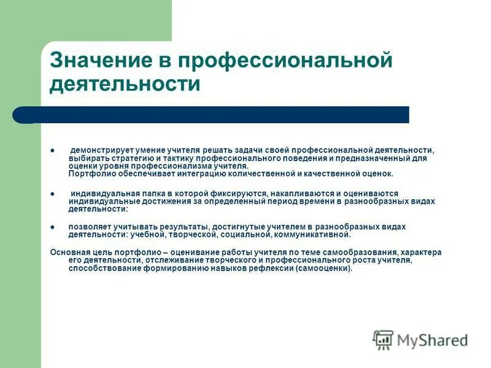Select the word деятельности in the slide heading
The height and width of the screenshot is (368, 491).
pos(125,83)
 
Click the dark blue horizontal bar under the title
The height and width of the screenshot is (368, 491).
pos(221,115)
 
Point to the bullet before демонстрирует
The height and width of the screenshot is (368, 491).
pos(53,150)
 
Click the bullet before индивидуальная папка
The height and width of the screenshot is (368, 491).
pos(53,193)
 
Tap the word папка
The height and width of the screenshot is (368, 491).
pos(142,193)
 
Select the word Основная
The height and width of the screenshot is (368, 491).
pos(68,252)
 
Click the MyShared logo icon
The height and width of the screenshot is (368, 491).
pos(384,339)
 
